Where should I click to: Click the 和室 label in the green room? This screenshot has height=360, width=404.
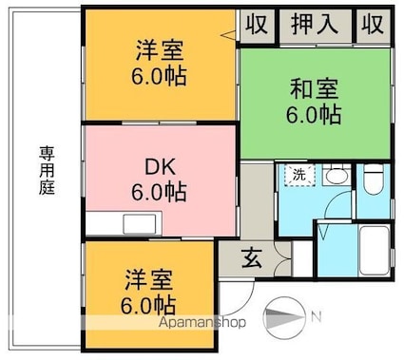315,92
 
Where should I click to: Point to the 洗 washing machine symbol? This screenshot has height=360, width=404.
298,175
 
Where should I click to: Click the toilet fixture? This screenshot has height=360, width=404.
374,178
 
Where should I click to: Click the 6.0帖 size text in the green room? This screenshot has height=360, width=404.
315,116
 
